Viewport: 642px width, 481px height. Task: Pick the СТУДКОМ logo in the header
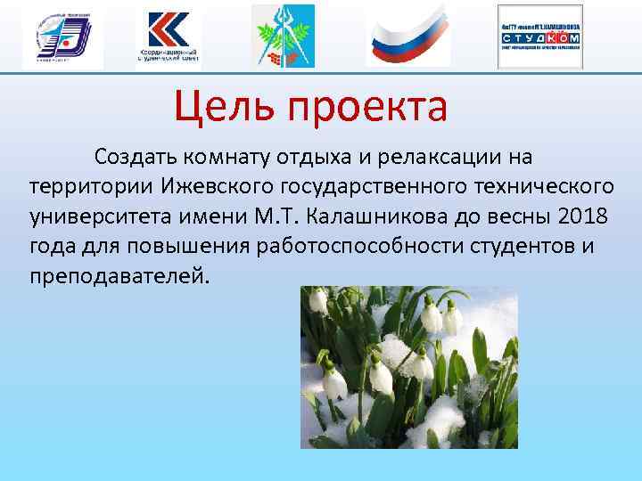(539, 37)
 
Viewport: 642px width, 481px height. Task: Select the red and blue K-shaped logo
(168, 37)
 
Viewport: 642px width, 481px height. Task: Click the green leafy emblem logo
(284, 37)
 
